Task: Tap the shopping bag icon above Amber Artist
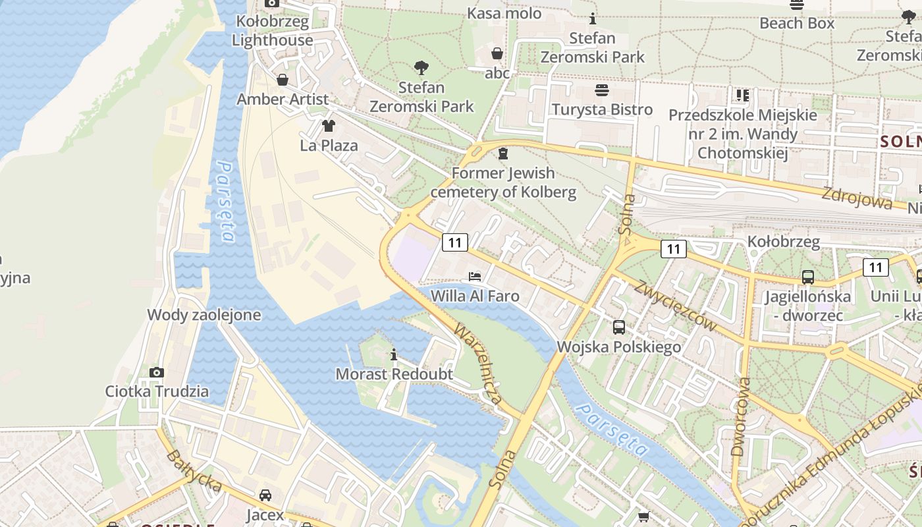283,80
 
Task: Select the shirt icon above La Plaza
328,126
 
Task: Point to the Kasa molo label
504,13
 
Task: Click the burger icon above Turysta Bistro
601,90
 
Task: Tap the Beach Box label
796,23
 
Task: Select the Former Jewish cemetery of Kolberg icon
503,153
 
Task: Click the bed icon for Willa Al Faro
474,276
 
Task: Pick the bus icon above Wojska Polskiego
618,327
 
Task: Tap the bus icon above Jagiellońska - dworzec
807,277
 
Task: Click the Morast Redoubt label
394,374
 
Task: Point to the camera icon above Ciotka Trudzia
157,372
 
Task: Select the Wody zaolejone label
203,315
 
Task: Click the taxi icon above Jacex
265,495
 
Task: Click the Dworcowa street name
740,416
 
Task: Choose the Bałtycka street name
193,471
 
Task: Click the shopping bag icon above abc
497,53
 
